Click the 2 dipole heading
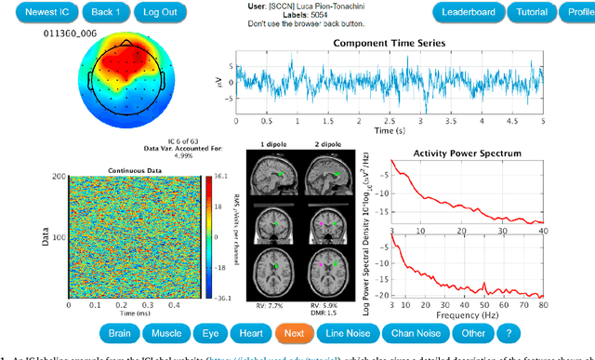pyautogui.click(x=323, y=144)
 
